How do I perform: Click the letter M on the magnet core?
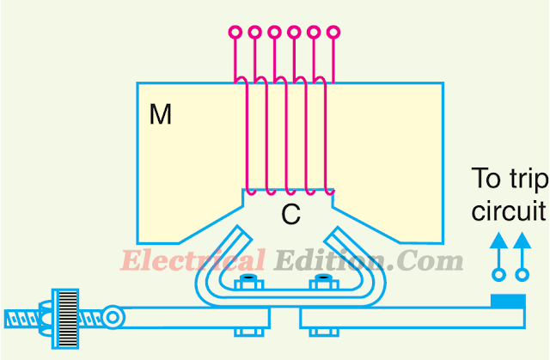coord(161,115)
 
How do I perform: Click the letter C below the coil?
coord(291,215)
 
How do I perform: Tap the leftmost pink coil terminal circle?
coord(235,34)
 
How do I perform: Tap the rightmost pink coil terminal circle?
coord(333,34)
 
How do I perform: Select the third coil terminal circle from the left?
coord(274,34)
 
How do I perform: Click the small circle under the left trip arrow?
coord(497,276)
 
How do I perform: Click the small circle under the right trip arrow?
coord(520,276)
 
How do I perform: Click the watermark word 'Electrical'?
coord(192,260)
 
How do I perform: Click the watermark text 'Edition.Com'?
coord(369,260)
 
